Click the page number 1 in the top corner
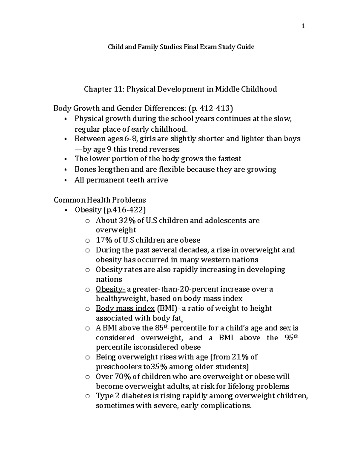(303, 26)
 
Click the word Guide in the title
(246, 47)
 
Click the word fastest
(227, 159)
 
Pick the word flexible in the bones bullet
(172, 169)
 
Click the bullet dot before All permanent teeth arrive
(66, 180)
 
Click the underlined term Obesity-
(110, 289)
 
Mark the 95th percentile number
(291, 337)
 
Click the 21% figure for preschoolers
(240, 357)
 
